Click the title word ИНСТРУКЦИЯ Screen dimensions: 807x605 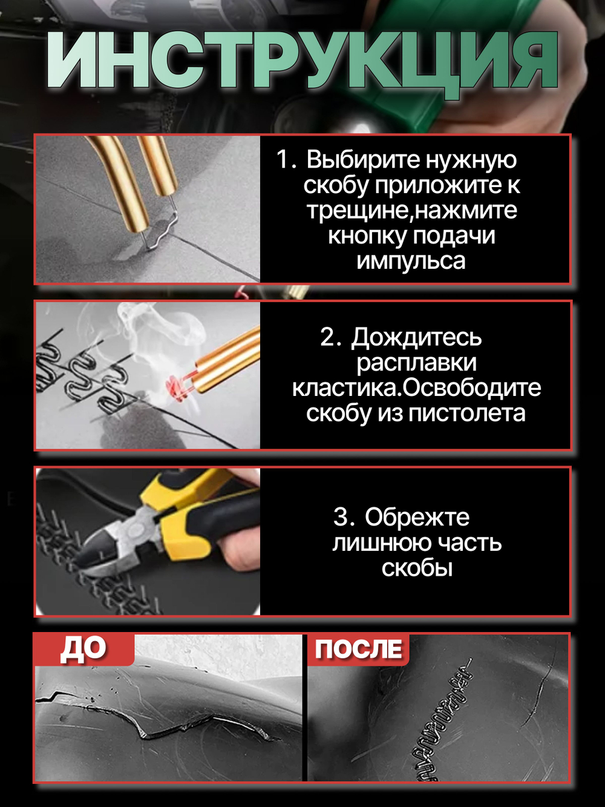[302, 62]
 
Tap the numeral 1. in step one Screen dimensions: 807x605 [286, 160]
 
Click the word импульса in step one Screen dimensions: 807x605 [411, 261]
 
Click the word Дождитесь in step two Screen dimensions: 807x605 [416, 337]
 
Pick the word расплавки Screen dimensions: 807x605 [416, 363]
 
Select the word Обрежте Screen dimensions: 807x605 [417, 518]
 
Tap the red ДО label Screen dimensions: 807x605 [83, 649]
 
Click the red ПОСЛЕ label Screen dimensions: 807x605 [358, 649]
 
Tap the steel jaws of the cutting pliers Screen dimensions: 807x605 [112, 548]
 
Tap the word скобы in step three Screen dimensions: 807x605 [417, 568]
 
